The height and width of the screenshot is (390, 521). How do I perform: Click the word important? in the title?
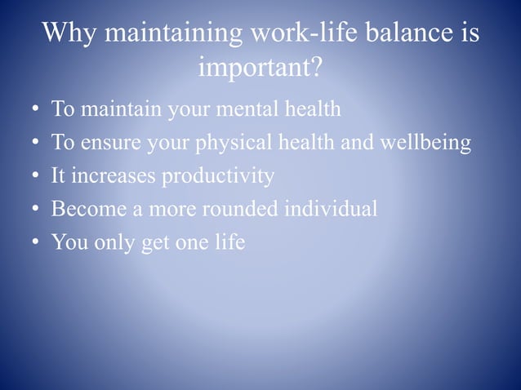[260, 69]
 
